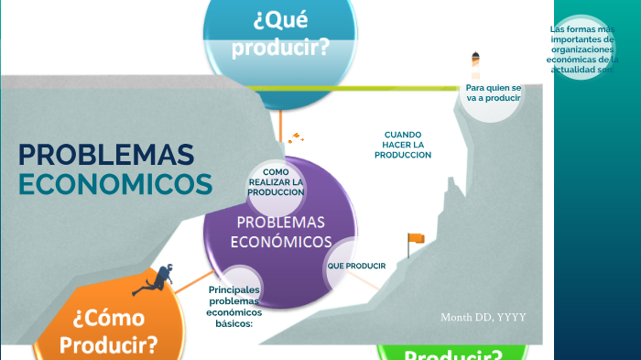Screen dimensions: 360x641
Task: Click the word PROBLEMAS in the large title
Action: tap(106, 154)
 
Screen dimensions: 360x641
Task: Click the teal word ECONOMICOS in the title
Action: tap(115, 184)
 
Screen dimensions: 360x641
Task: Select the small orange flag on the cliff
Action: tap(415, 239)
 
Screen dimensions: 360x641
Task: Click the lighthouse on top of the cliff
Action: tap(474, 65)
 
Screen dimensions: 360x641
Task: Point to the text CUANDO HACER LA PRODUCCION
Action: tap(403, 145)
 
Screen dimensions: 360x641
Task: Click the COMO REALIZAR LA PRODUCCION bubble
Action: tap(276, 182)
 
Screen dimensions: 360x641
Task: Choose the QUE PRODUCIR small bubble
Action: tap(356, 266)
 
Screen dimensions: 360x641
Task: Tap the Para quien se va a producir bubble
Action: tap(493, 93)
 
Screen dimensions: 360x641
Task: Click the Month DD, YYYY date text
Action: tap(483, 317)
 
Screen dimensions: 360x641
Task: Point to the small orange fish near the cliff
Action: tap(295, 139)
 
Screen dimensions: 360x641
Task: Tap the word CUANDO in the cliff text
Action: tap(403, 135)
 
